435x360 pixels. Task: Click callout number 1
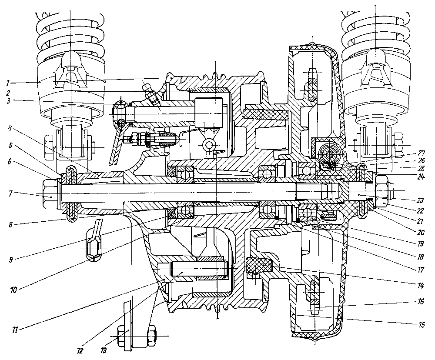point(8,82)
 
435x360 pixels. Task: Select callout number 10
point(13,290)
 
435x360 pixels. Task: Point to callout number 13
point(103,351)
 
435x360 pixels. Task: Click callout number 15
point(421,324)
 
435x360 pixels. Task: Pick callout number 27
point(422,153)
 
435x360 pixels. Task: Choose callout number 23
point(421,200)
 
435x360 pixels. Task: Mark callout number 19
point(421,243)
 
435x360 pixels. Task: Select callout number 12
point(80,351)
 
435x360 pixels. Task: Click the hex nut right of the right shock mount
point(397,145)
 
